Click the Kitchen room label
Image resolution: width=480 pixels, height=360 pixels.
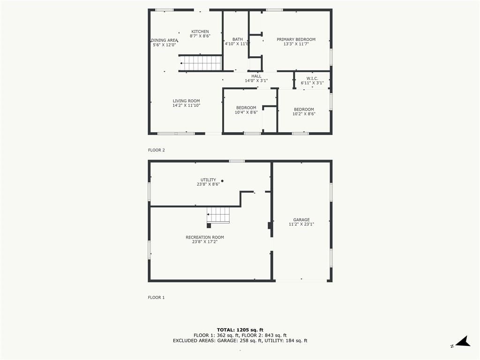tap(200, 31)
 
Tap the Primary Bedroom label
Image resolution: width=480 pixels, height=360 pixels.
tap(296, 39)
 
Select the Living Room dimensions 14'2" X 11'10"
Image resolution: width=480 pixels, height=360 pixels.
tap(186, 105)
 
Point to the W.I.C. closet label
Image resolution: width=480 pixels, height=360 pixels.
tap(312, 79)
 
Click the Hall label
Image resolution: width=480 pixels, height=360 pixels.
tap(256, 76)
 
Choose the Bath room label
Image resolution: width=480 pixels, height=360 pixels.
tap(238, 39)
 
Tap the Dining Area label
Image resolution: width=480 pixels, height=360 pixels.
tap(165, 40)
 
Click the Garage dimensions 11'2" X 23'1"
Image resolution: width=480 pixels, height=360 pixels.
tap(301, 224)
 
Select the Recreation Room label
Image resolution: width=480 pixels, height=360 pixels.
tap(205, 237)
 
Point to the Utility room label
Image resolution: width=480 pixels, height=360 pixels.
tap(208, 180)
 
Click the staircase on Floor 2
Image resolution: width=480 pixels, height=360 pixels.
tap(201, 63)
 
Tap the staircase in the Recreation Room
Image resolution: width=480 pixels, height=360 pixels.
tap(218, 215)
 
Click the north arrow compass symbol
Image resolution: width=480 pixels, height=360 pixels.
tap(463, 342)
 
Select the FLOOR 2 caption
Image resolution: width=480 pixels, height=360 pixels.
tap(157, 150)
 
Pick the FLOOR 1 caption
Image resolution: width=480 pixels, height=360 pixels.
tap(157, 297)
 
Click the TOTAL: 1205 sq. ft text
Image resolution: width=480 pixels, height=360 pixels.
tap(240, 330)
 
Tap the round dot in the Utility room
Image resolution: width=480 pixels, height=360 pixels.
tap(222, 181)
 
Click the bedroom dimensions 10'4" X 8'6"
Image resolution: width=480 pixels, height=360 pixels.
tap(246, 112)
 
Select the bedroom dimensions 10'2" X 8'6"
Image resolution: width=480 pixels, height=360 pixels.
tap(304, 114)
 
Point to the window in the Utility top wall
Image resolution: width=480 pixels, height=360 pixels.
tap(237, 161)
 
